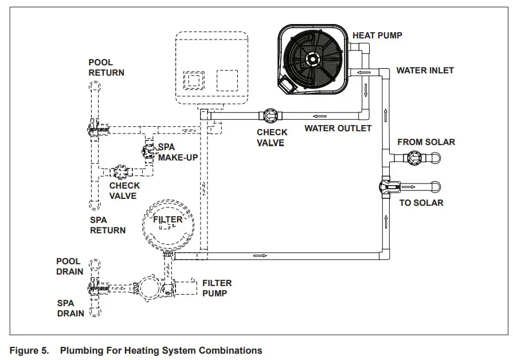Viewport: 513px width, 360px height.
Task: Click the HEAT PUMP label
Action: (377, 36)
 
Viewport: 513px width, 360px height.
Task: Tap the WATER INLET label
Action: (425, 71)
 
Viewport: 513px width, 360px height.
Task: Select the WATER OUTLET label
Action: (338, 128)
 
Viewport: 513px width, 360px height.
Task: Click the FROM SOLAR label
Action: (426, 142)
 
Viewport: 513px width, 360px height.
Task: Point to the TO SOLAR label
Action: (421, 203)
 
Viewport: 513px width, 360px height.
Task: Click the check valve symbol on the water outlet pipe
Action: (269, 116)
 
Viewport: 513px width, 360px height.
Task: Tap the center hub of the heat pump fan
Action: (312, 58)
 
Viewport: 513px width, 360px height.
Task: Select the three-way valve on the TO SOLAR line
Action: (385, 186)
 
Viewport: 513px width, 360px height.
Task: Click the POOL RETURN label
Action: (106, 68)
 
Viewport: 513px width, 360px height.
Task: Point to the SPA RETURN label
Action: (107, 225)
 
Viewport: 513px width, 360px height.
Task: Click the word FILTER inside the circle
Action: (167, 220)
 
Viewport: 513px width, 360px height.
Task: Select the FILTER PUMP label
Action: (217, 288)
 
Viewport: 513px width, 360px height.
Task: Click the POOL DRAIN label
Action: (69, 267)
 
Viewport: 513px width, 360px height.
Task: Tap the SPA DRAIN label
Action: (71, 308)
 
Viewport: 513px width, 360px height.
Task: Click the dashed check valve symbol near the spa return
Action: (122, 171)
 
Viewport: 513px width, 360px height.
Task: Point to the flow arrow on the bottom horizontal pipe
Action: (264, 255)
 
